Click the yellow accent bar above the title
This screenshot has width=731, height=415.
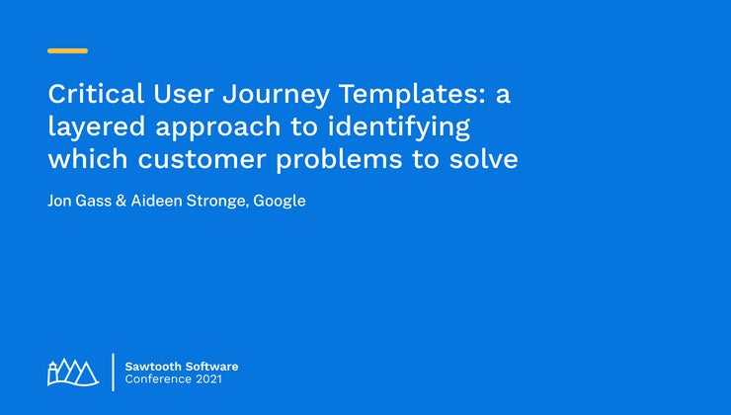(x=67, y=50)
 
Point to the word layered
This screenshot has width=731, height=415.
(x=91, y=127)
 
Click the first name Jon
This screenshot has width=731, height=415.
(x=60, y=201)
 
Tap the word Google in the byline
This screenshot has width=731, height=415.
(x=280, y=201)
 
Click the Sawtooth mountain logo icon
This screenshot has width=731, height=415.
(x=73, y=372)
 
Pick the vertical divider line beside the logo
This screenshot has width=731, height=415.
(x=112, y=372)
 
